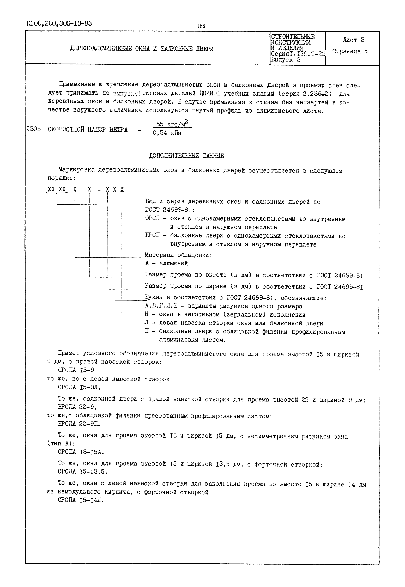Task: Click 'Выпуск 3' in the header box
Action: (x=286, y=60)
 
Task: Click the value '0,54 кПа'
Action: (x=167, y=133)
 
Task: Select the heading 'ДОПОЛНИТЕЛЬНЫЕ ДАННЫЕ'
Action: (x=186, y=156)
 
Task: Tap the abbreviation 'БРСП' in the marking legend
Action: (x=153, y=235)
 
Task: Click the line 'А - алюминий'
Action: (x=166, y=263)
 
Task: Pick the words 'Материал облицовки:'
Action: (x=178, y=255)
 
